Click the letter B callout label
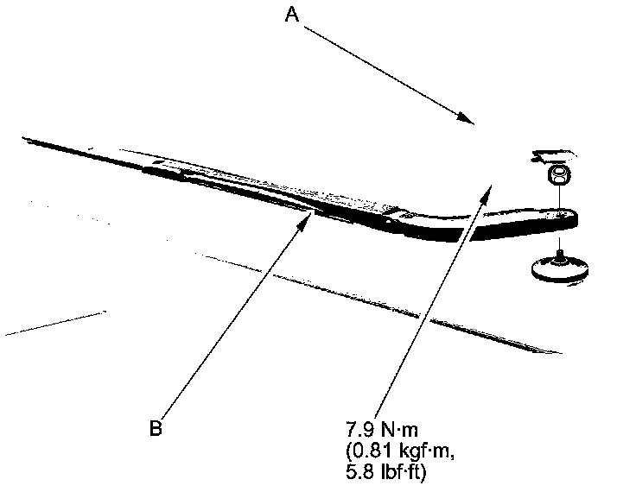(x=156, y=426)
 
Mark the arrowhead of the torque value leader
(x=489, y=185)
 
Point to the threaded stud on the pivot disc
(x=561, y=254)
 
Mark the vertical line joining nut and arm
(x=560, y=199)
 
